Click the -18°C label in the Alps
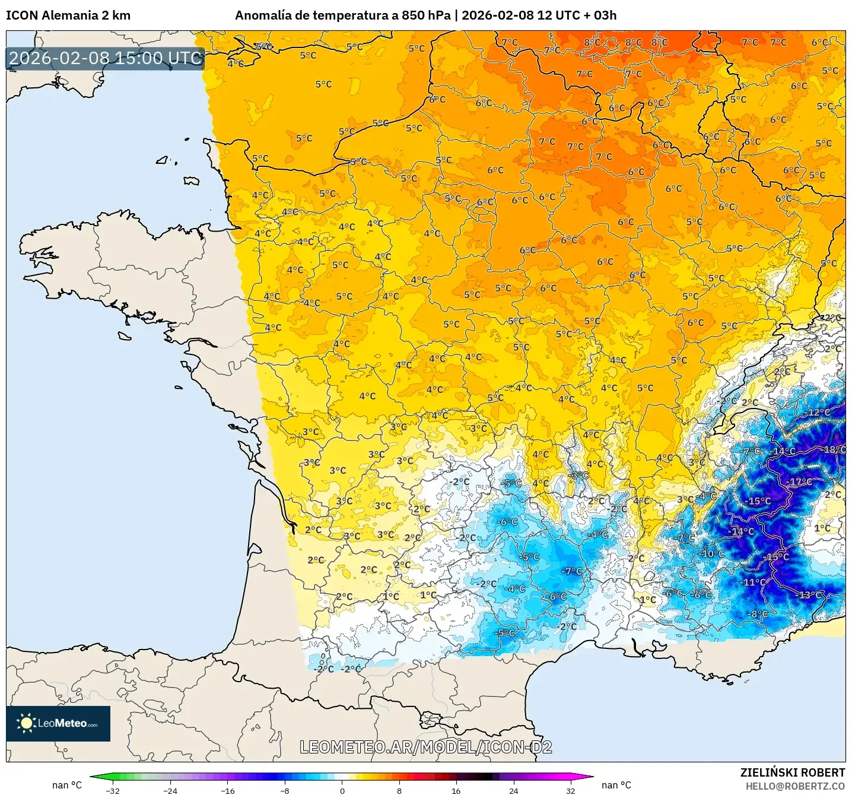[833, 450]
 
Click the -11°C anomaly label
[754, 582]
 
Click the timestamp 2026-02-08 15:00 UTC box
[106, 58]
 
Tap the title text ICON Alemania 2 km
[68, 15]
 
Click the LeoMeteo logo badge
[58, 723]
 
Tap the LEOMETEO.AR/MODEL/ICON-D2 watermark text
[425, 747]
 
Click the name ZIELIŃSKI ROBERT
[792, 772]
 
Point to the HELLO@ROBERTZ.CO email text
[794, 786]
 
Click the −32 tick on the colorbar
[113, 790]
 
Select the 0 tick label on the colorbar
[342, 790]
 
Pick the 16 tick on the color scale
[456, 790]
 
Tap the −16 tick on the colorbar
[227, 790]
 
